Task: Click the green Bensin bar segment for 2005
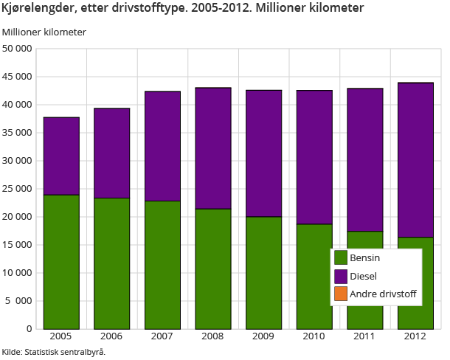point(61,261)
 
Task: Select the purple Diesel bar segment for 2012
point(415,159)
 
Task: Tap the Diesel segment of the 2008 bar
point(213,148)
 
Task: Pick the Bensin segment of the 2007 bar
point(162,264)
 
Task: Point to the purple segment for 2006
point(112,153)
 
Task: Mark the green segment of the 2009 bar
point(264,272)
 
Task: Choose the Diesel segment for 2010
point(314,156)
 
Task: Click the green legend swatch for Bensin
point(341,257)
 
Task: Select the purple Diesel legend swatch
point(341,276)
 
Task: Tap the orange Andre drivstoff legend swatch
point(341,294)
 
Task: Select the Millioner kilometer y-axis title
point(44,32)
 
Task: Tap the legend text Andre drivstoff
point(383,294)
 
